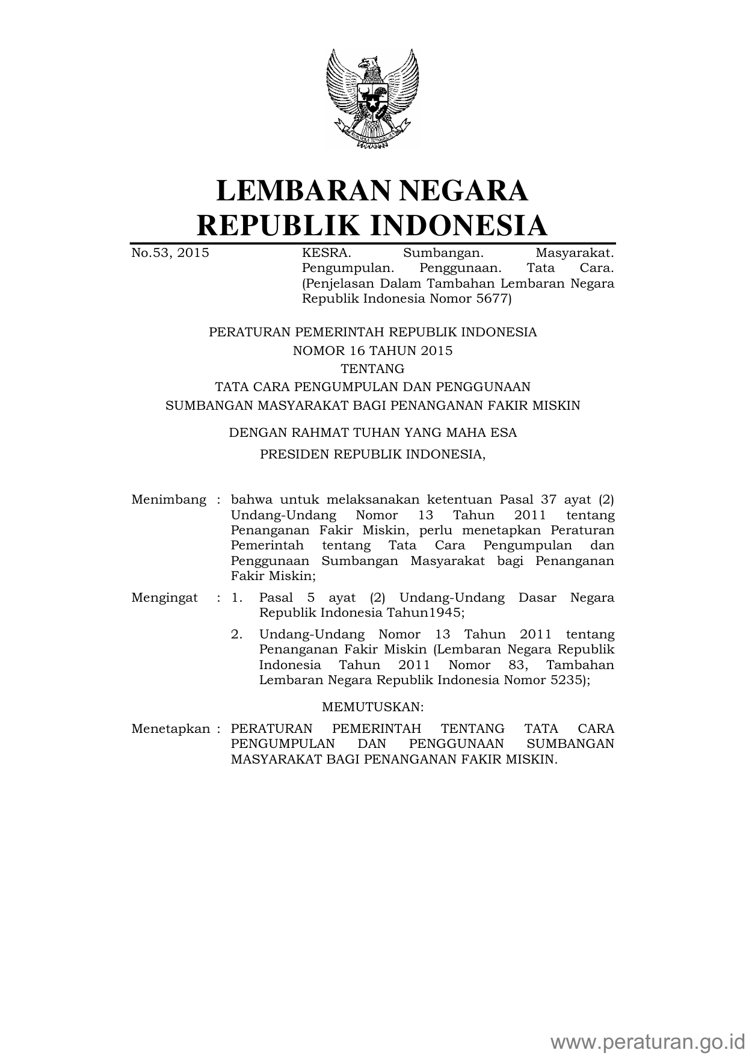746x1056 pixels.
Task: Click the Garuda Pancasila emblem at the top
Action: pos(372,98)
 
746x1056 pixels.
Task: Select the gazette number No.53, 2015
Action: pos(170,253)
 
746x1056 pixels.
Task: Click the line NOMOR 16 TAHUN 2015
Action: pos(372,351)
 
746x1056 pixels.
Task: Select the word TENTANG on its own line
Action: pos(372,369)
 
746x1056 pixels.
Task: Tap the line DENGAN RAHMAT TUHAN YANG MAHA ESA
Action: pos(372,433)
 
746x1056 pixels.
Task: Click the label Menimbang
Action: pos(168,500)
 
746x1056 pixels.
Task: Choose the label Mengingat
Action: pos(164,598)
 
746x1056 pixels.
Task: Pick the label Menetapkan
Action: pos(171,729)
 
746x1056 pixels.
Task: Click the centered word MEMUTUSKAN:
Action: pos(373,706)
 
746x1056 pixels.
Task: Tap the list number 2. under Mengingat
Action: pos(237,635)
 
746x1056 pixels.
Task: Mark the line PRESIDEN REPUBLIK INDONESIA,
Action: pos(372,455)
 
